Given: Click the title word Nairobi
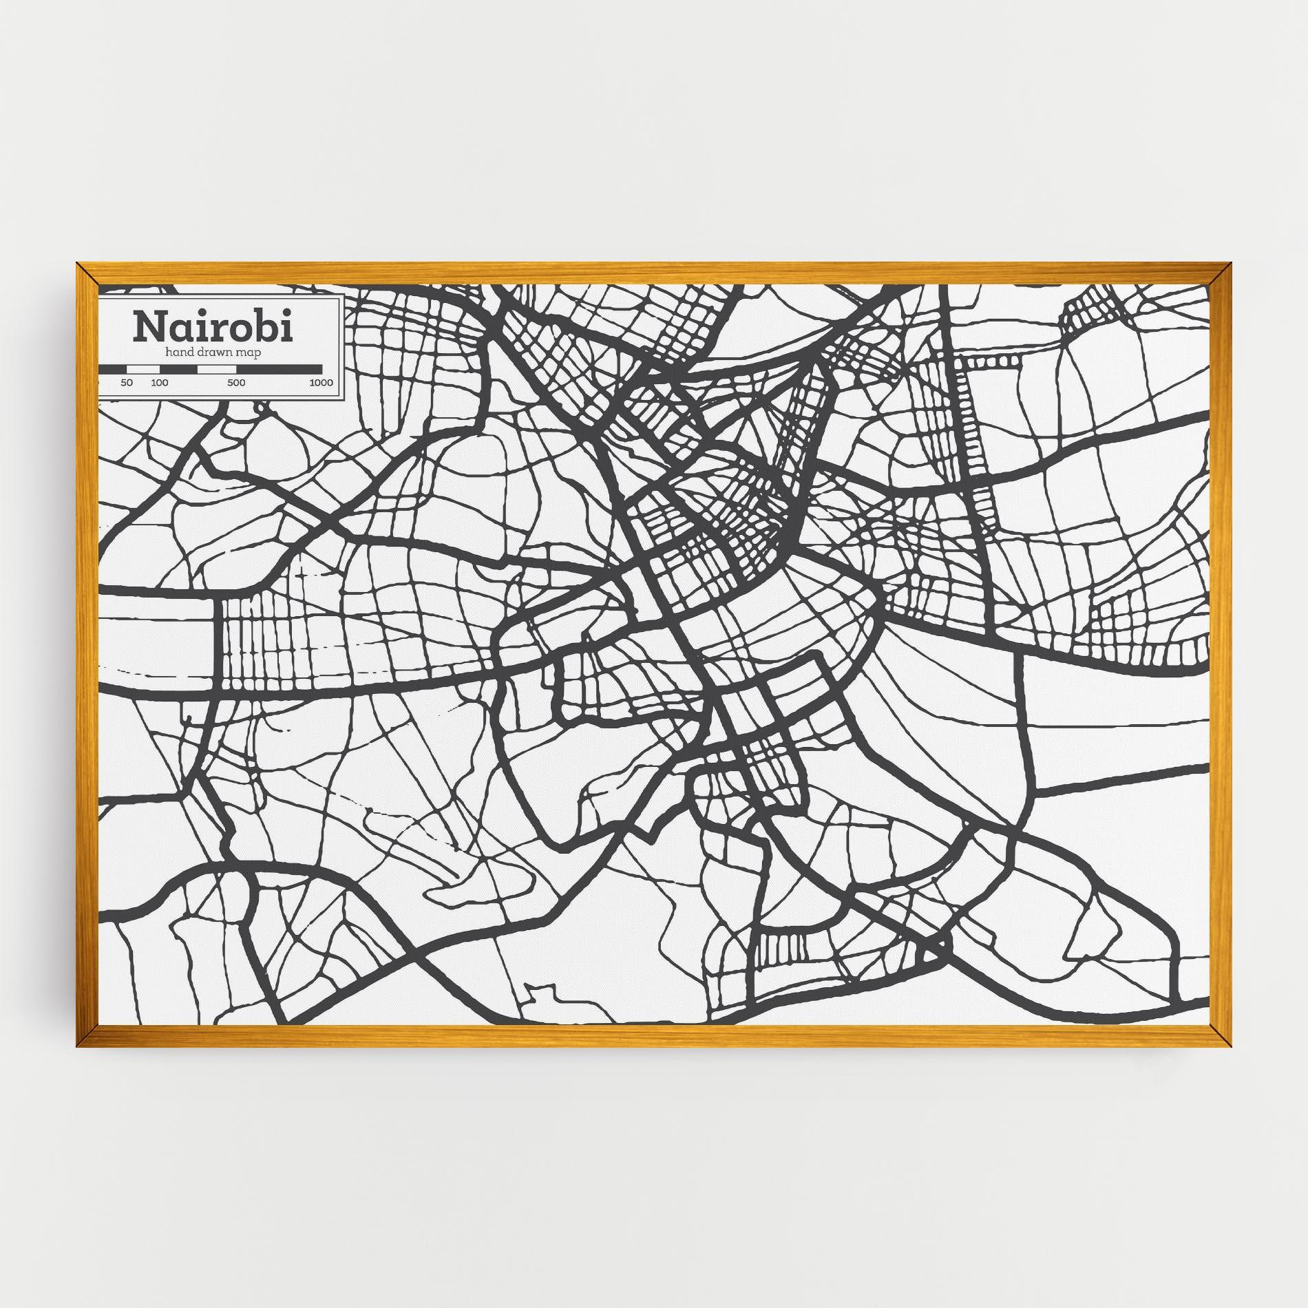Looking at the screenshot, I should point(213,327).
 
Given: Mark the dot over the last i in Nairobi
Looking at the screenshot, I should point(286,315).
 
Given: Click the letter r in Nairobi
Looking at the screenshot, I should point(220,331).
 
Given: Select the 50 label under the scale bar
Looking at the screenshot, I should point(127,383).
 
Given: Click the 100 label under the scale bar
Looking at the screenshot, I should point(160,383).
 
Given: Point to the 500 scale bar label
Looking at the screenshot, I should point(236,383).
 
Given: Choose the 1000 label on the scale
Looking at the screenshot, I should point(321,383).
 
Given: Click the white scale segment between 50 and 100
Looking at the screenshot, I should point(143,370).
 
